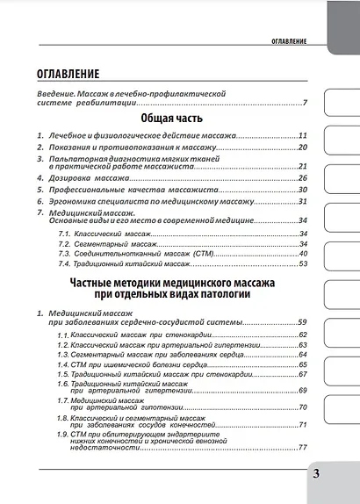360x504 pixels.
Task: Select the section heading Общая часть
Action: click(172, 118)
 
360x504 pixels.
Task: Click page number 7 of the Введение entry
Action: click(304, 104)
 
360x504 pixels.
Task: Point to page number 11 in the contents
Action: click(302, 136)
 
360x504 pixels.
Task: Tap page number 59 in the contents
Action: click(302, 323)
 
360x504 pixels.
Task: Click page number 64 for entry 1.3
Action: click(302, 355)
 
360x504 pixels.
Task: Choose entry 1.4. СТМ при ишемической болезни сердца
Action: click(136, 364)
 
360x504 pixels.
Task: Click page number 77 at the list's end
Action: click(302, 447)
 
